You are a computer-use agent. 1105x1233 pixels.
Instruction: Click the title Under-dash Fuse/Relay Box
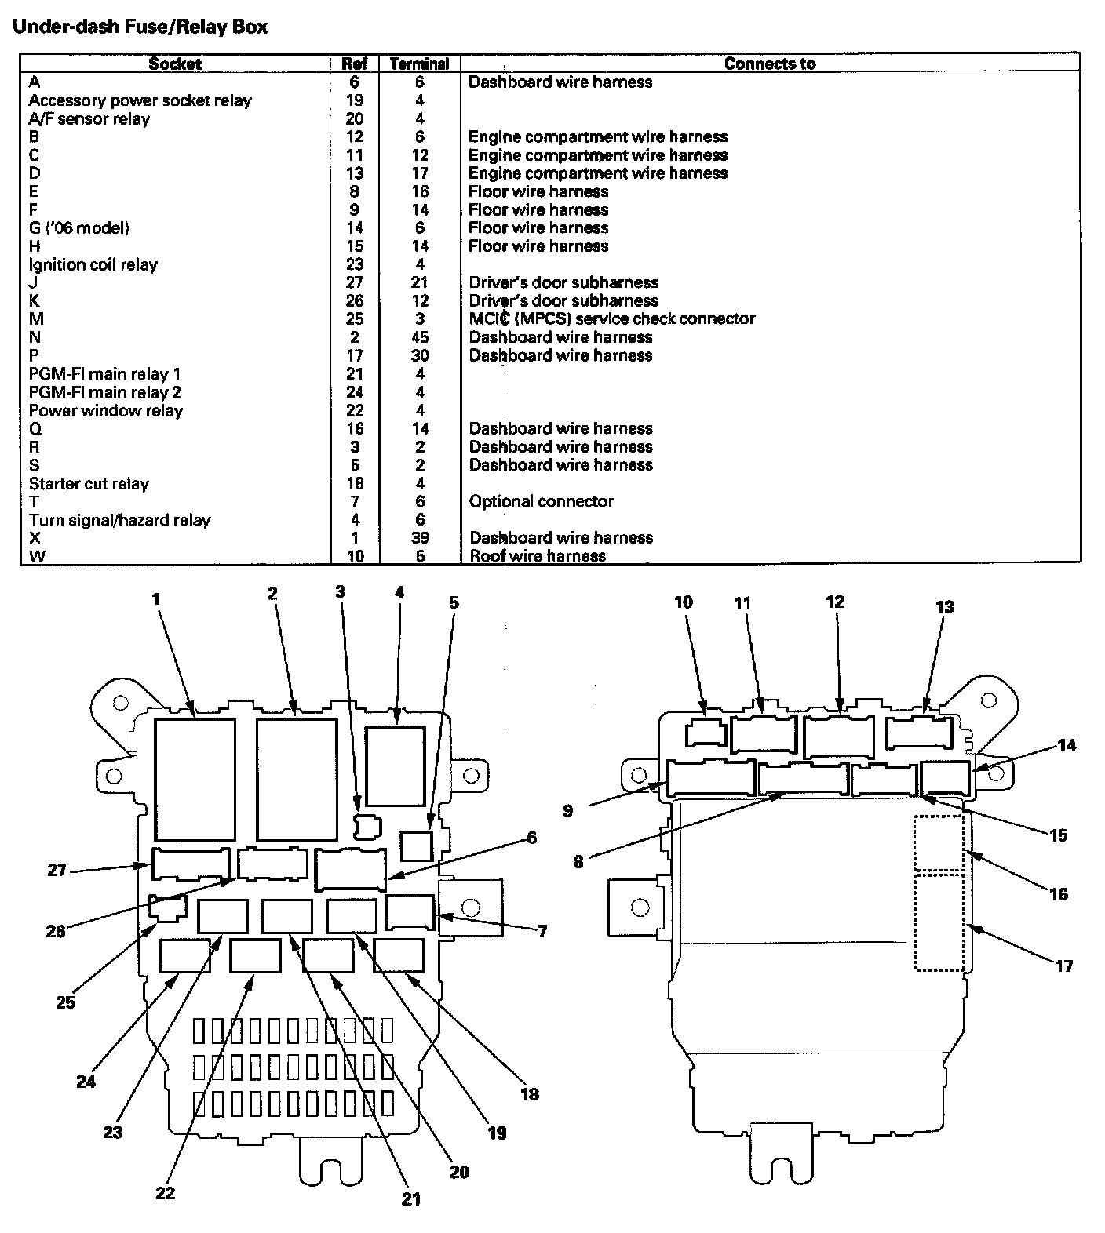[x=140, y=27]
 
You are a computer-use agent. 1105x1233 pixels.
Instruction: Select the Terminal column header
[x=419, y=64]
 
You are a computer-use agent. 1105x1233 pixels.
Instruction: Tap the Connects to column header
[x=769, y=64]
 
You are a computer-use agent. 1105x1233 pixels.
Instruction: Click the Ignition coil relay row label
[x=93, y=265]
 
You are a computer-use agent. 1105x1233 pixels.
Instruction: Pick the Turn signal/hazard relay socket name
[x=119, y=520]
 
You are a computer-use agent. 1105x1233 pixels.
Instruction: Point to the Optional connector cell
[x=542, y=501]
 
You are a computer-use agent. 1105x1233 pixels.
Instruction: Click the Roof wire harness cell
[x=538, y=556]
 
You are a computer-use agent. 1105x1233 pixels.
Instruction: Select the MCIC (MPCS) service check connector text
[x=611, y=319]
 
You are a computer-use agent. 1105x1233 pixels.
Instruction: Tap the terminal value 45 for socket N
[x=420, y=337]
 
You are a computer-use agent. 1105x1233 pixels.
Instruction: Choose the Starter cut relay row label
[x=89, y=484]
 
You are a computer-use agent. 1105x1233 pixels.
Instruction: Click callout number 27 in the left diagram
[x=57, y=870]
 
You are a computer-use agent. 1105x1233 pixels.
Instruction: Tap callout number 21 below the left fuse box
[x=411, y=1198]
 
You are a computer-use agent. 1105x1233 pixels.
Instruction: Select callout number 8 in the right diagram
[x=578, y=861]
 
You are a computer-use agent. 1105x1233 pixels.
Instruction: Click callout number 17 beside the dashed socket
[x=1063, y=966]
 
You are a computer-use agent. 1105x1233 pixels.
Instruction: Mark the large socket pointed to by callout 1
[x=195, y=779]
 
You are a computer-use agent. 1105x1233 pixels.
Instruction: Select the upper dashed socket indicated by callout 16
[x=939, y=842]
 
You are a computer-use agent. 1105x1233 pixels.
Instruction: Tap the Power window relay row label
[x=106, y=411]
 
